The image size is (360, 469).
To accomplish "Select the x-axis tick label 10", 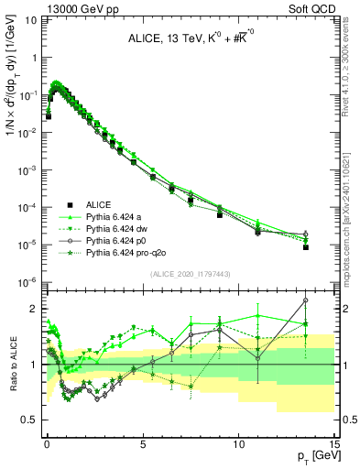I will [238, 443].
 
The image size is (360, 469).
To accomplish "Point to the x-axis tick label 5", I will [143, 443].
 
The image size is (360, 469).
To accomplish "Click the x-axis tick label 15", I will [334, 443].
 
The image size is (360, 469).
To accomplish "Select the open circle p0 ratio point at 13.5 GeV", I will [305, 300].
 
